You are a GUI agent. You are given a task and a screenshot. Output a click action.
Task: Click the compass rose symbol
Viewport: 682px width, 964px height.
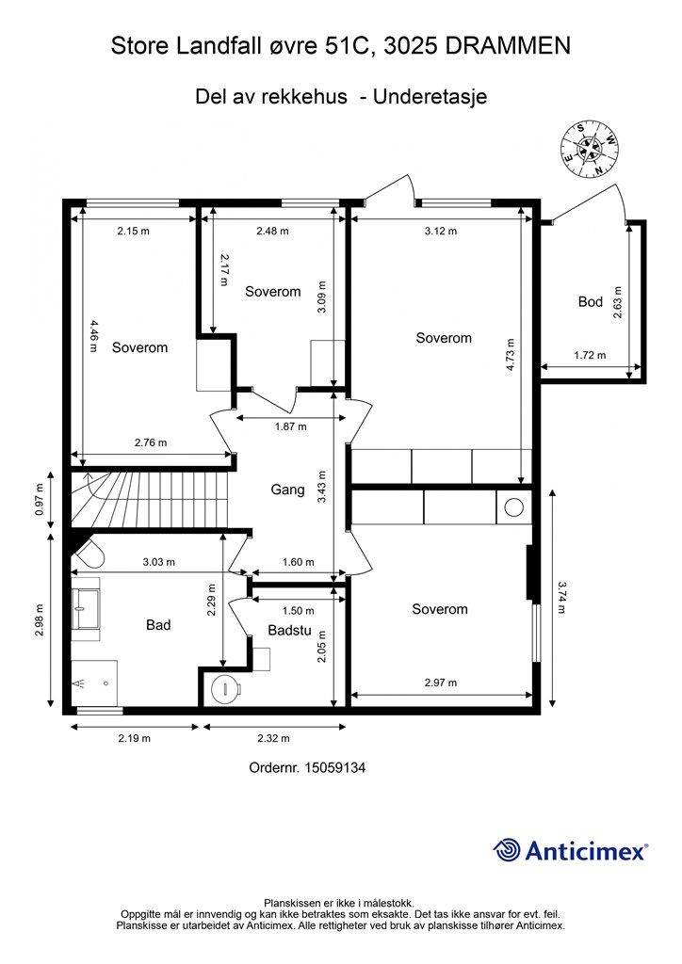click(589, 148)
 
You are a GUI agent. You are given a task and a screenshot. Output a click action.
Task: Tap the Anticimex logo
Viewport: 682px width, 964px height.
click(570, 850)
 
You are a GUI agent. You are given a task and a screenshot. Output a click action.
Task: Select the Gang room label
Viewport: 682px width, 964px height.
click(288, 490)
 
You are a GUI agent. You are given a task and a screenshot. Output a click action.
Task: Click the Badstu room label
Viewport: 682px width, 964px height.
click(289, 630)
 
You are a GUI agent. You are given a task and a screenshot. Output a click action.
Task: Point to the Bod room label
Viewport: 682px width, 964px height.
click(591, 301)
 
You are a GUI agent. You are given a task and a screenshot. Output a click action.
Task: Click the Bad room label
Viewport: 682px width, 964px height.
click(158, 625)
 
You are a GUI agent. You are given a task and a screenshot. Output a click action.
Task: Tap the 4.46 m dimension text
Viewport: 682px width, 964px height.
click(93, 335)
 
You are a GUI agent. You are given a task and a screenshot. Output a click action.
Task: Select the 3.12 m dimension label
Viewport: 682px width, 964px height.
click(441, 232)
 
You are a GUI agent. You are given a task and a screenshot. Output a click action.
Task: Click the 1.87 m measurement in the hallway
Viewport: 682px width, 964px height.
click(290, 426)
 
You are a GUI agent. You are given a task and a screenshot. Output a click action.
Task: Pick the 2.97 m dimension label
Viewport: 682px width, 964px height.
click(441, 683)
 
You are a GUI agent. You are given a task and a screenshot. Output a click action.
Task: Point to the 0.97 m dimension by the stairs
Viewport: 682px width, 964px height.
click(40, 500)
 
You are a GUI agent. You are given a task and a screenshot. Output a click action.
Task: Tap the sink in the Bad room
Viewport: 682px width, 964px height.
click(86, 609)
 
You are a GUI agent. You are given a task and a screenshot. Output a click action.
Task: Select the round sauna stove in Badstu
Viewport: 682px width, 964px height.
click(224, 688)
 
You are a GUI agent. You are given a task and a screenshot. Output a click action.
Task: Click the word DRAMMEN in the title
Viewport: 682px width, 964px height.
click(508, 45)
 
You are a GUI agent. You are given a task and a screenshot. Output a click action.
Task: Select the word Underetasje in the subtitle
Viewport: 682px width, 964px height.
click(430, 97)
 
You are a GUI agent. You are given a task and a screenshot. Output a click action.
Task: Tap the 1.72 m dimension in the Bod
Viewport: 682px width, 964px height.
click(590, 355)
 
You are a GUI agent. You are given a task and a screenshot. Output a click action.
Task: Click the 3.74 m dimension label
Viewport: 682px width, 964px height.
click(561, 598)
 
